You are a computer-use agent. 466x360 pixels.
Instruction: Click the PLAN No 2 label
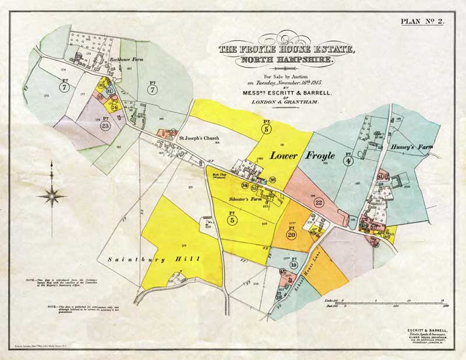pyautogui.click(x=422, y=22)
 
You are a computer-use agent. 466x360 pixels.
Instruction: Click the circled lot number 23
pyautogui.click(x=105, y=125)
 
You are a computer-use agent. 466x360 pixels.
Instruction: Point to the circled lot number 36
pyautogui.click(x=273, y=180)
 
